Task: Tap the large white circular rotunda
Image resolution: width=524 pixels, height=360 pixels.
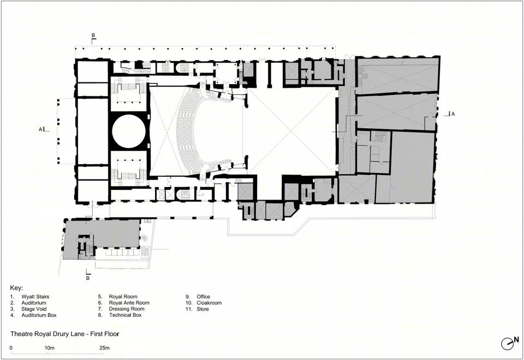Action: [x=129, y=131]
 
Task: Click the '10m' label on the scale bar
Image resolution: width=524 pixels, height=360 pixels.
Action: [x=50, y=348]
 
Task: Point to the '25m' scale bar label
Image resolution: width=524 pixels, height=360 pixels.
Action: [x=105, y=348]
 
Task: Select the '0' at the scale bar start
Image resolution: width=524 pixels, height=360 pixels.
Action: [x=11, y=348]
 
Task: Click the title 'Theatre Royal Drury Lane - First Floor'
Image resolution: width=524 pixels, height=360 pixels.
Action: [x=65, y=334]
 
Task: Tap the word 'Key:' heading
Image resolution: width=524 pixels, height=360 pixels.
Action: [x=16, y=288]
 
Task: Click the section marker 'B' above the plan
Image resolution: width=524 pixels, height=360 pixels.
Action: [x=93, y=35]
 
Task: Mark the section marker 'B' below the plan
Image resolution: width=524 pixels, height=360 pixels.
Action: [x=88, y=278]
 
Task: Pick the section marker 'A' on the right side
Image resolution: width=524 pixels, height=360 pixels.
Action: [x=453, y=114]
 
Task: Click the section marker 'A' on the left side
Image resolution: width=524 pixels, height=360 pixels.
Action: [x=40, y=129]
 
